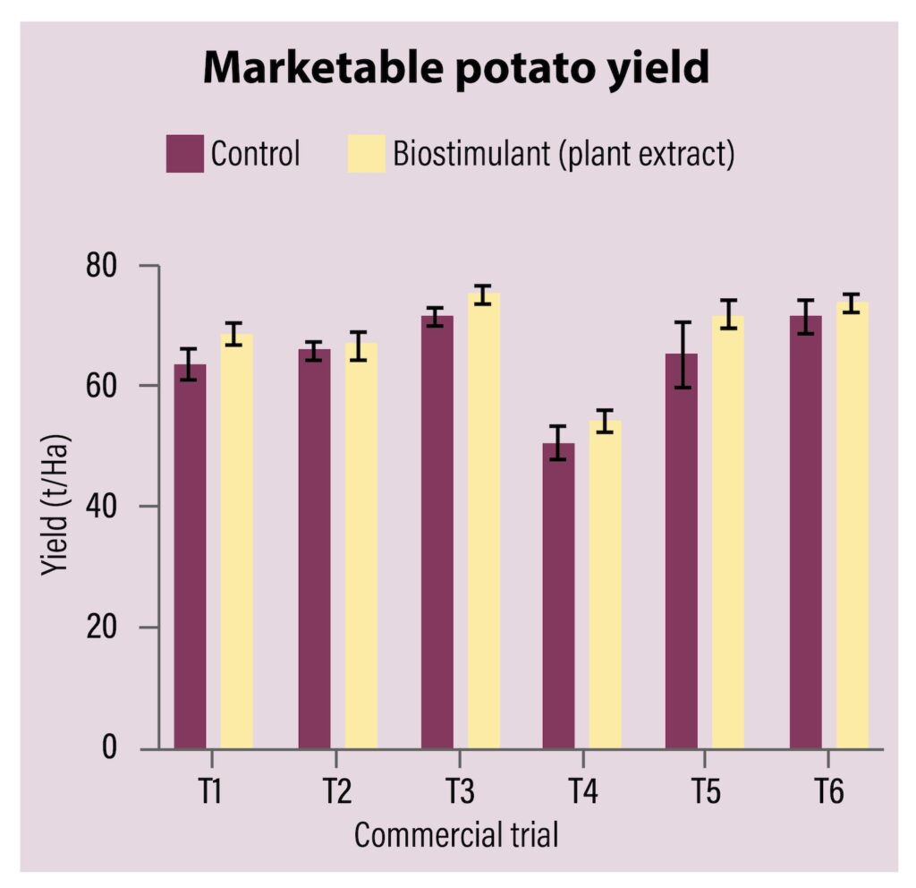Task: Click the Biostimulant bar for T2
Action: tap(360, 546)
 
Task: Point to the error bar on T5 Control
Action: tap(682, 354)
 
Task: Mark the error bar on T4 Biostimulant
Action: tap(606, 421)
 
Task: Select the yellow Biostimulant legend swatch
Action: tap(365, 154)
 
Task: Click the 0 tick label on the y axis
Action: tap(109, 747)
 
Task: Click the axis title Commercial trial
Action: tap(456, 836)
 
